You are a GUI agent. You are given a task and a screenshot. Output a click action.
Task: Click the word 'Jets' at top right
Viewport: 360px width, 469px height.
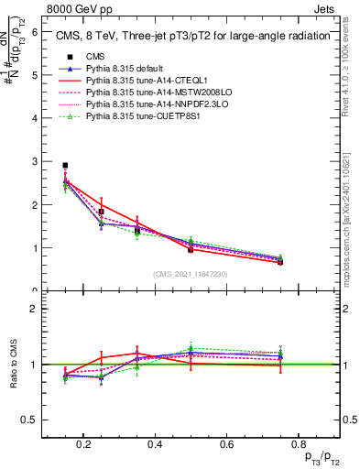[325, 8]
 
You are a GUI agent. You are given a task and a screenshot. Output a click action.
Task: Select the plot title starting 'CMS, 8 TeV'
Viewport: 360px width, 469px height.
[192, 37]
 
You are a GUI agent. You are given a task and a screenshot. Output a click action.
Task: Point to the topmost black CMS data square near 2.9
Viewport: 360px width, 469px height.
[65, 166]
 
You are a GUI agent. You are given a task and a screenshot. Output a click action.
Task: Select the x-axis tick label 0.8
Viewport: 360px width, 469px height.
[297, 445]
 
